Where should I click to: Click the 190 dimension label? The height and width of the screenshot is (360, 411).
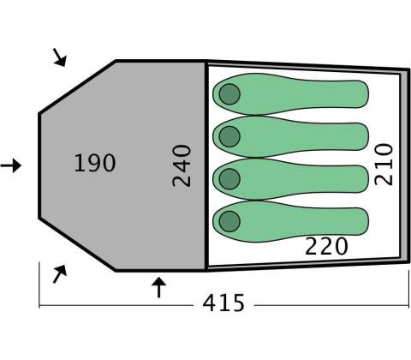click(x=95, y=163)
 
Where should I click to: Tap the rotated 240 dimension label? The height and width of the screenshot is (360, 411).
click(x=182, y=165)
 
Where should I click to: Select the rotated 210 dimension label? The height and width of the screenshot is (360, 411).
click(x=384, y=165)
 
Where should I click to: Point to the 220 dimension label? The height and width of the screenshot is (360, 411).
click(x=326, y=246)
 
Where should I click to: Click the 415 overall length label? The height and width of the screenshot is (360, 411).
click(x=223, y=303)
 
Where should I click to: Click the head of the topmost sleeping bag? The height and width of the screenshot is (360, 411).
click(x=229, y=94)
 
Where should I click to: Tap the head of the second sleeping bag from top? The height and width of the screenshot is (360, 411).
click(x=229, y=136)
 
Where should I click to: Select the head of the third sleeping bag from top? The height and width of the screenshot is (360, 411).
click(x=229, y=179)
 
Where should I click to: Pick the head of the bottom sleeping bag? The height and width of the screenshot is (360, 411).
click(x=229, y=221)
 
